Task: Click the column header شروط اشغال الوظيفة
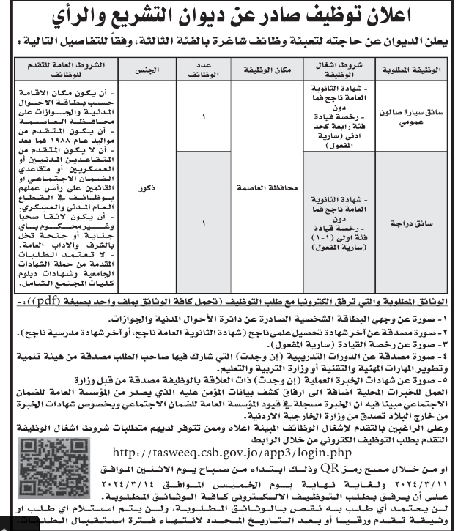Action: click(338, 71)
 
